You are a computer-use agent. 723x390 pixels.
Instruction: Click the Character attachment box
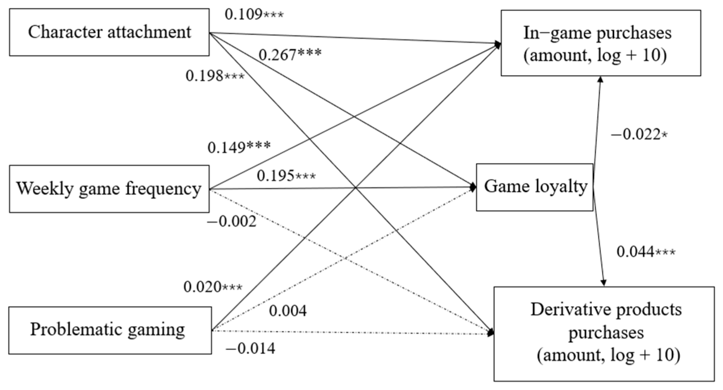tap(109, 32)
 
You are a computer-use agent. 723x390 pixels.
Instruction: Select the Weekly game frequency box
tap(109, 189)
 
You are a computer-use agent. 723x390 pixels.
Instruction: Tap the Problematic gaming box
tap(110, 330)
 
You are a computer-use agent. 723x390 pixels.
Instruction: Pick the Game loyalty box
tap(535, 187)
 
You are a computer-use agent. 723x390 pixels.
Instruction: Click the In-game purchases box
tap(600, 43)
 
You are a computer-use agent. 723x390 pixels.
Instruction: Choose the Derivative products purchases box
tap(604, 334)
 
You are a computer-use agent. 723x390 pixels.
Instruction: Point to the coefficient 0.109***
tap(254, 14)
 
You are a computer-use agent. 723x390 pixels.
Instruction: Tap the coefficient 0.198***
tap(215, 76)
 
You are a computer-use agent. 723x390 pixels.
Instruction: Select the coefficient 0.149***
tap(239, 147)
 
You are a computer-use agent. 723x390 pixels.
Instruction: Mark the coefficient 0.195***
tap(286, 176)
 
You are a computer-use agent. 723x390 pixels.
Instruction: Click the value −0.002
tap(232, 222)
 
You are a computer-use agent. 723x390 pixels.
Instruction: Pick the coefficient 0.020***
tap(213, 287)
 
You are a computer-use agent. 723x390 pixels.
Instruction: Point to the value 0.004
tap(287, 311)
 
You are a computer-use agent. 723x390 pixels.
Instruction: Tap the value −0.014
tap(250, 349)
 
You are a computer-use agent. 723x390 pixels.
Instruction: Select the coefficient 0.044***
tap(646, 252)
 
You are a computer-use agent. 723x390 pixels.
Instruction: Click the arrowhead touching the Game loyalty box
tap(473, 187)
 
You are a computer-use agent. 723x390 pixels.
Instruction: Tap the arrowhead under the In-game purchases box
tap(600, 80)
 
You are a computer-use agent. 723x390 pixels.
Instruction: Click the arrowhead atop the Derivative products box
tap(604, 283)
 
